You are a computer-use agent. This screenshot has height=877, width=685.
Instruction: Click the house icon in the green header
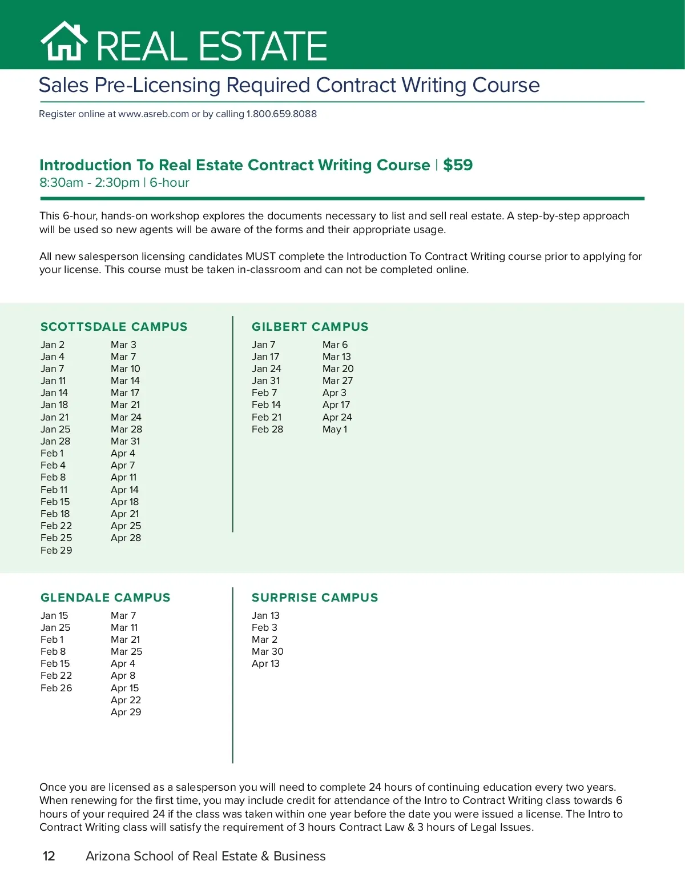[64, 41]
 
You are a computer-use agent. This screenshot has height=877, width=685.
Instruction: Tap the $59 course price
[458, 165]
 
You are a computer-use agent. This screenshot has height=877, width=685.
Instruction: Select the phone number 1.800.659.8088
[281, 114]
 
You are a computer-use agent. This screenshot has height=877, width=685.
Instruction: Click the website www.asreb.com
[154, 114]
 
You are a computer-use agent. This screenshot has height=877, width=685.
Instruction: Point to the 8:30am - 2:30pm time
[90, 183]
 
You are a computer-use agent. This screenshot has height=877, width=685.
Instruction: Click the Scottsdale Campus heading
[114, 327]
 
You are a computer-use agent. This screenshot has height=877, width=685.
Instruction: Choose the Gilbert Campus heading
[310, 327]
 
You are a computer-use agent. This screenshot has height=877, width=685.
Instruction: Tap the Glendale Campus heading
[105, 598]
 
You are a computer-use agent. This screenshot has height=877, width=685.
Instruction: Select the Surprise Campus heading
[315, 598]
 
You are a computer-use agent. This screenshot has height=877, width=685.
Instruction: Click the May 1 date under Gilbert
[335, 429]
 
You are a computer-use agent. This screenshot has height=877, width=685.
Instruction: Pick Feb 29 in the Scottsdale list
[56, 550]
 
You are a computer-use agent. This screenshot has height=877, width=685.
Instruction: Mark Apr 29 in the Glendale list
[126, 712]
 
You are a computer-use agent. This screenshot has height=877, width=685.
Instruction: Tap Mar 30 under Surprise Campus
[267, 651]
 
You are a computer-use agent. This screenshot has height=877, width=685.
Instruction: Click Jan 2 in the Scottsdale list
[53, 345]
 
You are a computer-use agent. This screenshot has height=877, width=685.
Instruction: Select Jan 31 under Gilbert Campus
[265, 381]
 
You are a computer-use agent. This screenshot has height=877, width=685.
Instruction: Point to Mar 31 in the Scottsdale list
[125, 441]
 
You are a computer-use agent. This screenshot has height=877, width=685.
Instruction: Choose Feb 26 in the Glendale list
[56, 688]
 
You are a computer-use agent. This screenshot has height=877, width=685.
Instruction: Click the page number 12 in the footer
[49, 856]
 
